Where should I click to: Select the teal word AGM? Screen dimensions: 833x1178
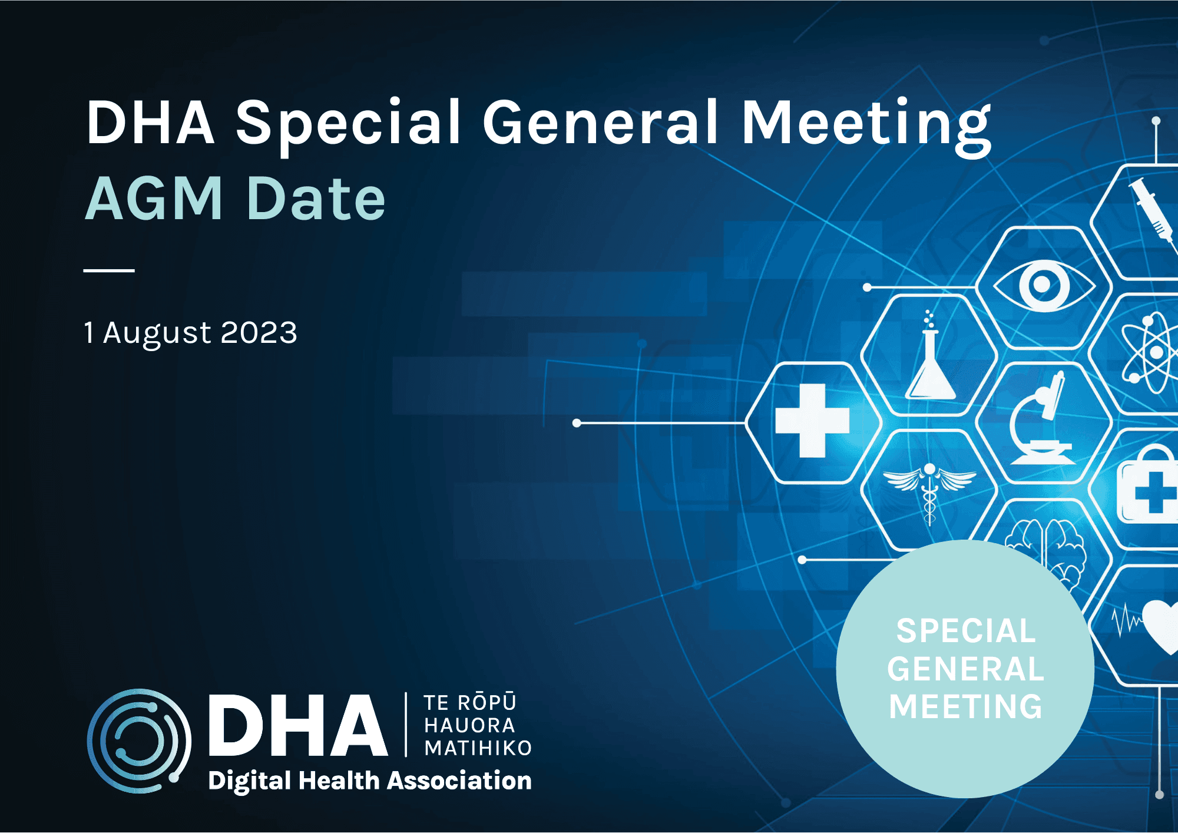[154, 199]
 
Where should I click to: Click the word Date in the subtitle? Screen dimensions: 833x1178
[316, 199]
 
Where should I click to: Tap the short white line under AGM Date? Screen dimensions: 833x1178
[109, 270]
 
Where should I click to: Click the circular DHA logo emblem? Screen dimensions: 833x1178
[139, 741]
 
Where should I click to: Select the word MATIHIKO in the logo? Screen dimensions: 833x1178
[478, 748]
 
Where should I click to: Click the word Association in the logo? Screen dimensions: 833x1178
[459, 781]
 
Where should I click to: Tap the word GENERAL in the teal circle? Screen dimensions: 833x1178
[965, 669]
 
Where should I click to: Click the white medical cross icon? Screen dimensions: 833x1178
[812, 421]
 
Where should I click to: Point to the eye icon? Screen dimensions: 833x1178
[1043, 286]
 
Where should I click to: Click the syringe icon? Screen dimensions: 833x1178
[1151, 209]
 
